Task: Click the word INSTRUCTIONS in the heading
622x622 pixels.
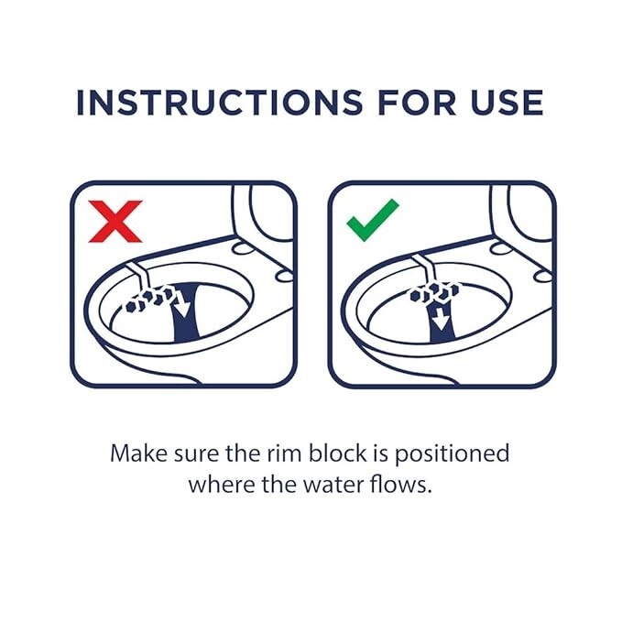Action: [x=219, y=103]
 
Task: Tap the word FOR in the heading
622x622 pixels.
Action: [x=417, y=103]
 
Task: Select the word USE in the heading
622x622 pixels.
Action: [x=507, y=103]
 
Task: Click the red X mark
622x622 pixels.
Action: [x=115, y=222]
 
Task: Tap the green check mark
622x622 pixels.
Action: [x=372, y=220]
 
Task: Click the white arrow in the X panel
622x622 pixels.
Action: [x=181, y=303]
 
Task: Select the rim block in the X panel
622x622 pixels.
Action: [x=150, y=299]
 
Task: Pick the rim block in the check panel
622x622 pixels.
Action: [x=434, y=293]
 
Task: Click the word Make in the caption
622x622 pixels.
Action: [x=139, y=453]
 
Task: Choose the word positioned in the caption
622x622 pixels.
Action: [x=452, y=455]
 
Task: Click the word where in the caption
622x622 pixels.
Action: [x=220, y=485]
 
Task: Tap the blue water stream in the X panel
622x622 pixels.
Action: [x=187, y=313]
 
